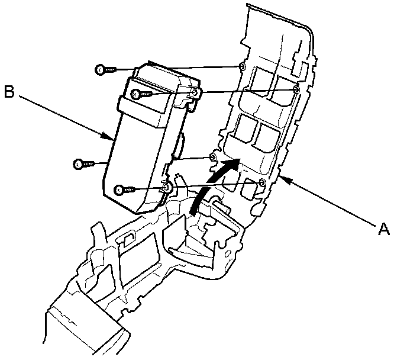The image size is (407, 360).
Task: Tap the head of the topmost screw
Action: [x=100, y=70]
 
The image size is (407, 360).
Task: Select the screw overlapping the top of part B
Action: [x=136, y=94]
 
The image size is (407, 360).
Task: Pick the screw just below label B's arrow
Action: [x=77, y=163]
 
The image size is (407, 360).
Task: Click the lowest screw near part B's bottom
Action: [x=120, y=189]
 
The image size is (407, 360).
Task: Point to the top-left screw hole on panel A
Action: [x=241, y=66]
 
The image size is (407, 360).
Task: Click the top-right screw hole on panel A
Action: [x=296, y=89]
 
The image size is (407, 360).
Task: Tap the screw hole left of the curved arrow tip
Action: [x=214, y=157]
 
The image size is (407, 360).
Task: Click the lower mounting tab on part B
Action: [x=167, y=188]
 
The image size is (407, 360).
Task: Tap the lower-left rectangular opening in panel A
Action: [x=244, y=130]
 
